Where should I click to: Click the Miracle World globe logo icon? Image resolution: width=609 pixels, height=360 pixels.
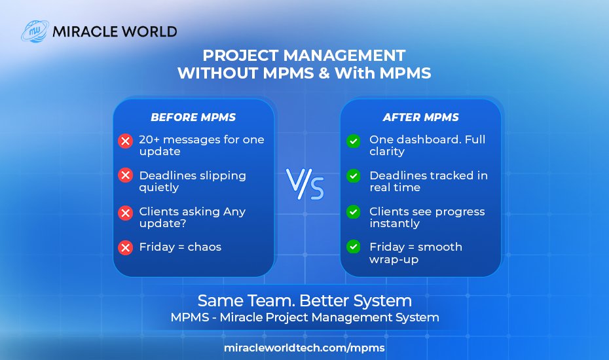(34, 31)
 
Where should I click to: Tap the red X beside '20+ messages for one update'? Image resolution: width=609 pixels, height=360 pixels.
(125, 141)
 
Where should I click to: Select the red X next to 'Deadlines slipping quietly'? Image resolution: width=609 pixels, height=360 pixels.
(125, 175)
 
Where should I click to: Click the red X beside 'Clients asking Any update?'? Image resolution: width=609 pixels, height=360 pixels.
(125, 212)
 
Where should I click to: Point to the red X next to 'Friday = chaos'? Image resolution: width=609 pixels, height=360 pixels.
(125, 247)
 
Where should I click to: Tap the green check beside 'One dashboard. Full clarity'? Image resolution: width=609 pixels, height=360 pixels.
(353, 141)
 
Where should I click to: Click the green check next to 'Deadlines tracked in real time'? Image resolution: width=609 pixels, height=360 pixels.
(353, 175)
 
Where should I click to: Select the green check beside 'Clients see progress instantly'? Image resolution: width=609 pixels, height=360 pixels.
(353, 212)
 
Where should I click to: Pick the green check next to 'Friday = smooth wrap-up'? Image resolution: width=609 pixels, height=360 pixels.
(353, 247)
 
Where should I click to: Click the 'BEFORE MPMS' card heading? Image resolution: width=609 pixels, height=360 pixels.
(193, 118)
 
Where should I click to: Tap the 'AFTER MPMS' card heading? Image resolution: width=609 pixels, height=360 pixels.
(420, 118)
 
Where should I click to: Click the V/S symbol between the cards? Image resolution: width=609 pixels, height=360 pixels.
(305, 184)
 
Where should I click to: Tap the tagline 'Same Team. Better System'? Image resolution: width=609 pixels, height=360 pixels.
(304, 300)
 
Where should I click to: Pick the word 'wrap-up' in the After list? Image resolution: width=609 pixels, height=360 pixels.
(394, 259)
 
